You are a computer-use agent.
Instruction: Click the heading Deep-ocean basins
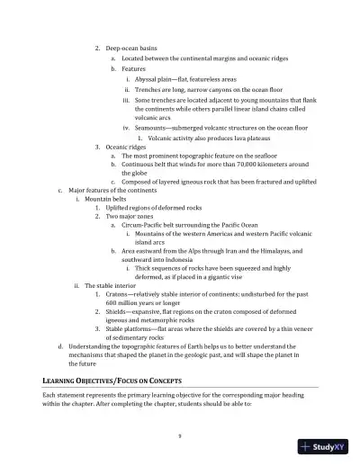coord(131,47)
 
